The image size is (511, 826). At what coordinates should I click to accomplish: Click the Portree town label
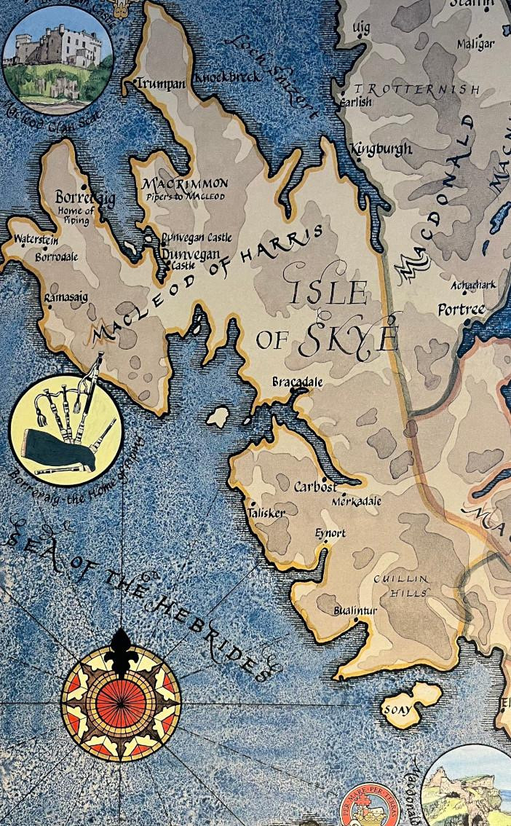click(461, 310)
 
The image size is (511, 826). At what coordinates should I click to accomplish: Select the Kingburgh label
click(381, 149)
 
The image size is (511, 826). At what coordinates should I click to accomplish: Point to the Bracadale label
click(297, 382)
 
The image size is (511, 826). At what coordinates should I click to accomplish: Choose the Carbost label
click(315, 487)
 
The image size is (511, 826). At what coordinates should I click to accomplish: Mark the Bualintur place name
click(355, 610)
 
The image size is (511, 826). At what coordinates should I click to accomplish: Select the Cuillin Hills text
click(400, 586)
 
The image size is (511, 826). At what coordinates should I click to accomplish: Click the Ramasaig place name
click(63, 298)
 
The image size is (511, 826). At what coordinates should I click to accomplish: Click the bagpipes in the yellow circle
click(66, 430)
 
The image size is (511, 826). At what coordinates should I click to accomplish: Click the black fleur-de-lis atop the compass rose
click(121, 648)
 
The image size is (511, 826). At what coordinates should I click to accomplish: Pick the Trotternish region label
click(416, 90)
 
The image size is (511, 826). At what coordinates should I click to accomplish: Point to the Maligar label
click(475, 44)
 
